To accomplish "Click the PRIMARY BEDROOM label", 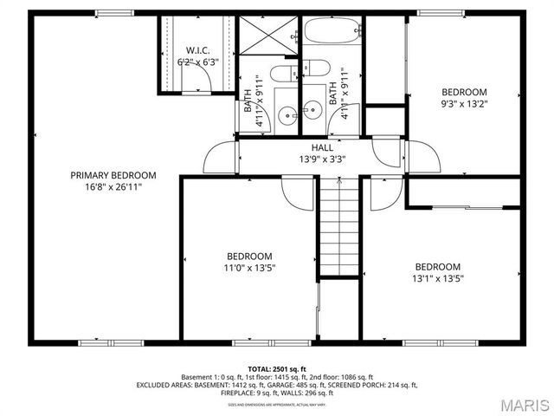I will pyautogui.click(x=113, y=175).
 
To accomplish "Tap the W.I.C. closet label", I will pyautogui.click(x=197, y=50).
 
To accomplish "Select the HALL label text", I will pyautogui.click(x=299, y=148).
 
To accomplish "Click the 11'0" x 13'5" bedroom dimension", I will pyautogui.click(x=249, y=269).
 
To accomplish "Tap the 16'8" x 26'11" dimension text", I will pyautogui.click(x=113, y=186).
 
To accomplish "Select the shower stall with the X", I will pyautogui.click(x=263, y=36).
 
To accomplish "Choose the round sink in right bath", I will pyautogui.click(x=313, y=110).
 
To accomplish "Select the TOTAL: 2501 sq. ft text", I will pyautogui.click(x=277, y=368).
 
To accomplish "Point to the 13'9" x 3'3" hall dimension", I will pyautogui.click(x=299, y=159).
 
